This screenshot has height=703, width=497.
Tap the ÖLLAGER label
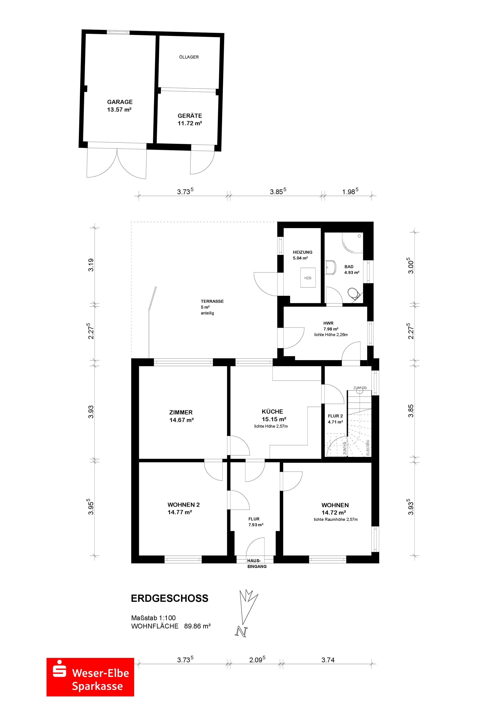pyautogui.click(x=189, y=57)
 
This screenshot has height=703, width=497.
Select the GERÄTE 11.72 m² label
pyautogui.click(x=190, y=119)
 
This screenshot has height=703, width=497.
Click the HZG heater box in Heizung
pyautogui.click(x=308, y=277)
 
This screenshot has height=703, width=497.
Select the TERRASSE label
pyautogui.click(x=212, y=301)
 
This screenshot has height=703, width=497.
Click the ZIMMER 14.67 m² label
pyautogui.click(x=181, y=416)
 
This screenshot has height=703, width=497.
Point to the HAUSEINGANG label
pyautogui.click(x=257, y=563)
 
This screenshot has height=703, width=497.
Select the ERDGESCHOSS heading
pyautogui.click(x=170, y=598)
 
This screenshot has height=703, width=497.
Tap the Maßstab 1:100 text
pyautogui.click(x=153, y=618)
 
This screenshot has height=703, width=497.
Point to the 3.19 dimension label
pyautogui.click(x=91, y=265)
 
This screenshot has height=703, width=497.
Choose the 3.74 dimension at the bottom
pyautogui.click(x=328, y=660)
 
